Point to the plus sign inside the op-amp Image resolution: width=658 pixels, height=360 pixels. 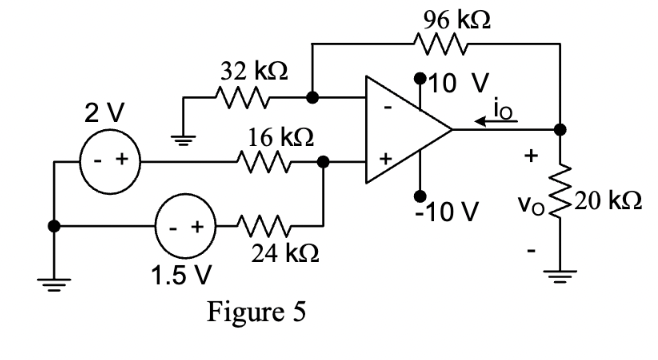383,159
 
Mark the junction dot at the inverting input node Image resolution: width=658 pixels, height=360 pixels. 313,99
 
